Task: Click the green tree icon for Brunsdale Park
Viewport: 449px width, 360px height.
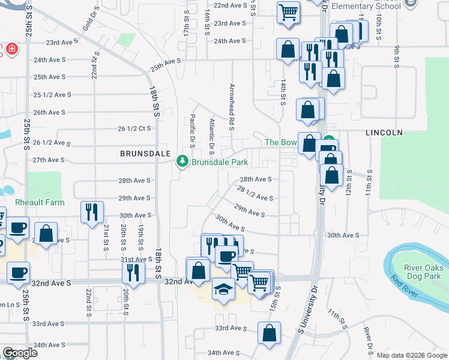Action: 182,162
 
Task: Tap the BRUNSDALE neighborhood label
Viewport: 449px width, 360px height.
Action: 142,154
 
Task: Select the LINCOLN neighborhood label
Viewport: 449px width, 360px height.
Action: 383,131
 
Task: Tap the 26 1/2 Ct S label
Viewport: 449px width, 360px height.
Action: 134,128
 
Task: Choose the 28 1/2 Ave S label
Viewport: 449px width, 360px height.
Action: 255,194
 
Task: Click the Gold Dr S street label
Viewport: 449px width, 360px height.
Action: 86,29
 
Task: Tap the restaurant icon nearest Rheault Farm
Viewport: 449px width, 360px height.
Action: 92,211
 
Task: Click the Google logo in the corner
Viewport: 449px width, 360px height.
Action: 20,353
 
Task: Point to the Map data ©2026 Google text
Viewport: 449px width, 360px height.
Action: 412,355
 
